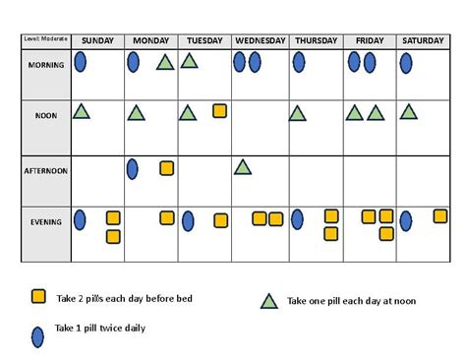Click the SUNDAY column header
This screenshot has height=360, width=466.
point(98,40)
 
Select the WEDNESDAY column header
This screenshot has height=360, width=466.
point(261,40)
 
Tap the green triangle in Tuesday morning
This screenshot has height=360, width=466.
point(189,63)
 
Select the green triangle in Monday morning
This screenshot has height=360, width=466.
point(165,63)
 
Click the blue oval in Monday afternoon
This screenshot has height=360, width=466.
point(133,168)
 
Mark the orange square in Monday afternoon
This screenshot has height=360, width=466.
point(167,169)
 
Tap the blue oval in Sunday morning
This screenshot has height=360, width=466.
point(81,63)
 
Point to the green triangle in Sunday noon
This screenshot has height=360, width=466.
point(82,112)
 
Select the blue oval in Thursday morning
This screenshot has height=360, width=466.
point(298,63)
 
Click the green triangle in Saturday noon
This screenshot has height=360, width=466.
point(408,112)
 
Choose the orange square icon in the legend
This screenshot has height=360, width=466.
point(38,296)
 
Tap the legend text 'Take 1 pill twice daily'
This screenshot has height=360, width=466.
point(100,329)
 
